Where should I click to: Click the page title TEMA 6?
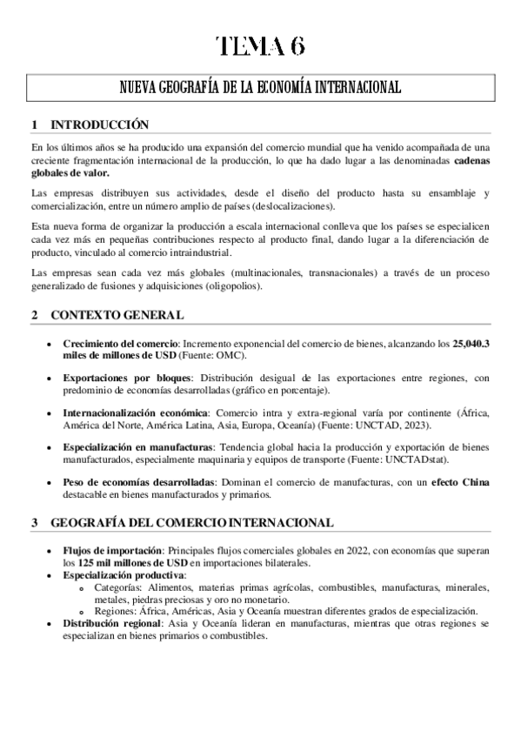click(x=260, y=46)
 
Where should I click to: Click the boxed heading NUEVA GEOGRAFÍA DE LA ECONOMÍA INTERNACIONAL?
click(x=260, y=88)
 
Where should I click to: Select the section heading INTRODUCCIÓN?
click(x=100, y=124)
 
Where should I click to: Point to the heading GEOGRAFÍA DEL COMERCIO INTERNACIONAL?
click(x=191, y=523)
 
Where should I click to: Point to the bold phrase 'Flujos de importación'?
click(x=111, y=552)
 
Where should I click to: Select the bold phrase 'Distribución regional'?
click(x=112, y=624)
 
